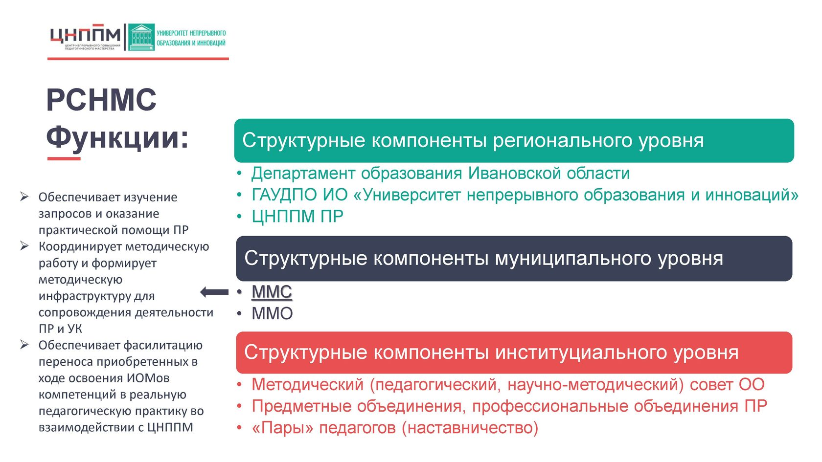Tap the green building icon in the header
(141, 37)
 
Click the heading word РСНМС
(101, 100)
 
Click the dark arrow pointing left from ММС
(214, 292)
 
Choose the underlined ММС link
(272, 292)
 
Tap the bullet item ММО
(272, 313)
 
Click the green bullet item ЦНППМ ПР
(297, 216)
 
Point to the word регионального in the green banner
(563, 141)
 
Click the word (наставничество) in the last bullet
(470, 428)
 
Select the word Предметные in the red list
(301, 406)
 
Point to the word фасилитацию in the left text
(162, 345)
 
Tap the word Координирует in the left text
(80, 247)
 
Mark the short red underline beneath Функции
(64, 158)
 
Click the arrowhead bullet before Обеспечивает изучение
(24, 197)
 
